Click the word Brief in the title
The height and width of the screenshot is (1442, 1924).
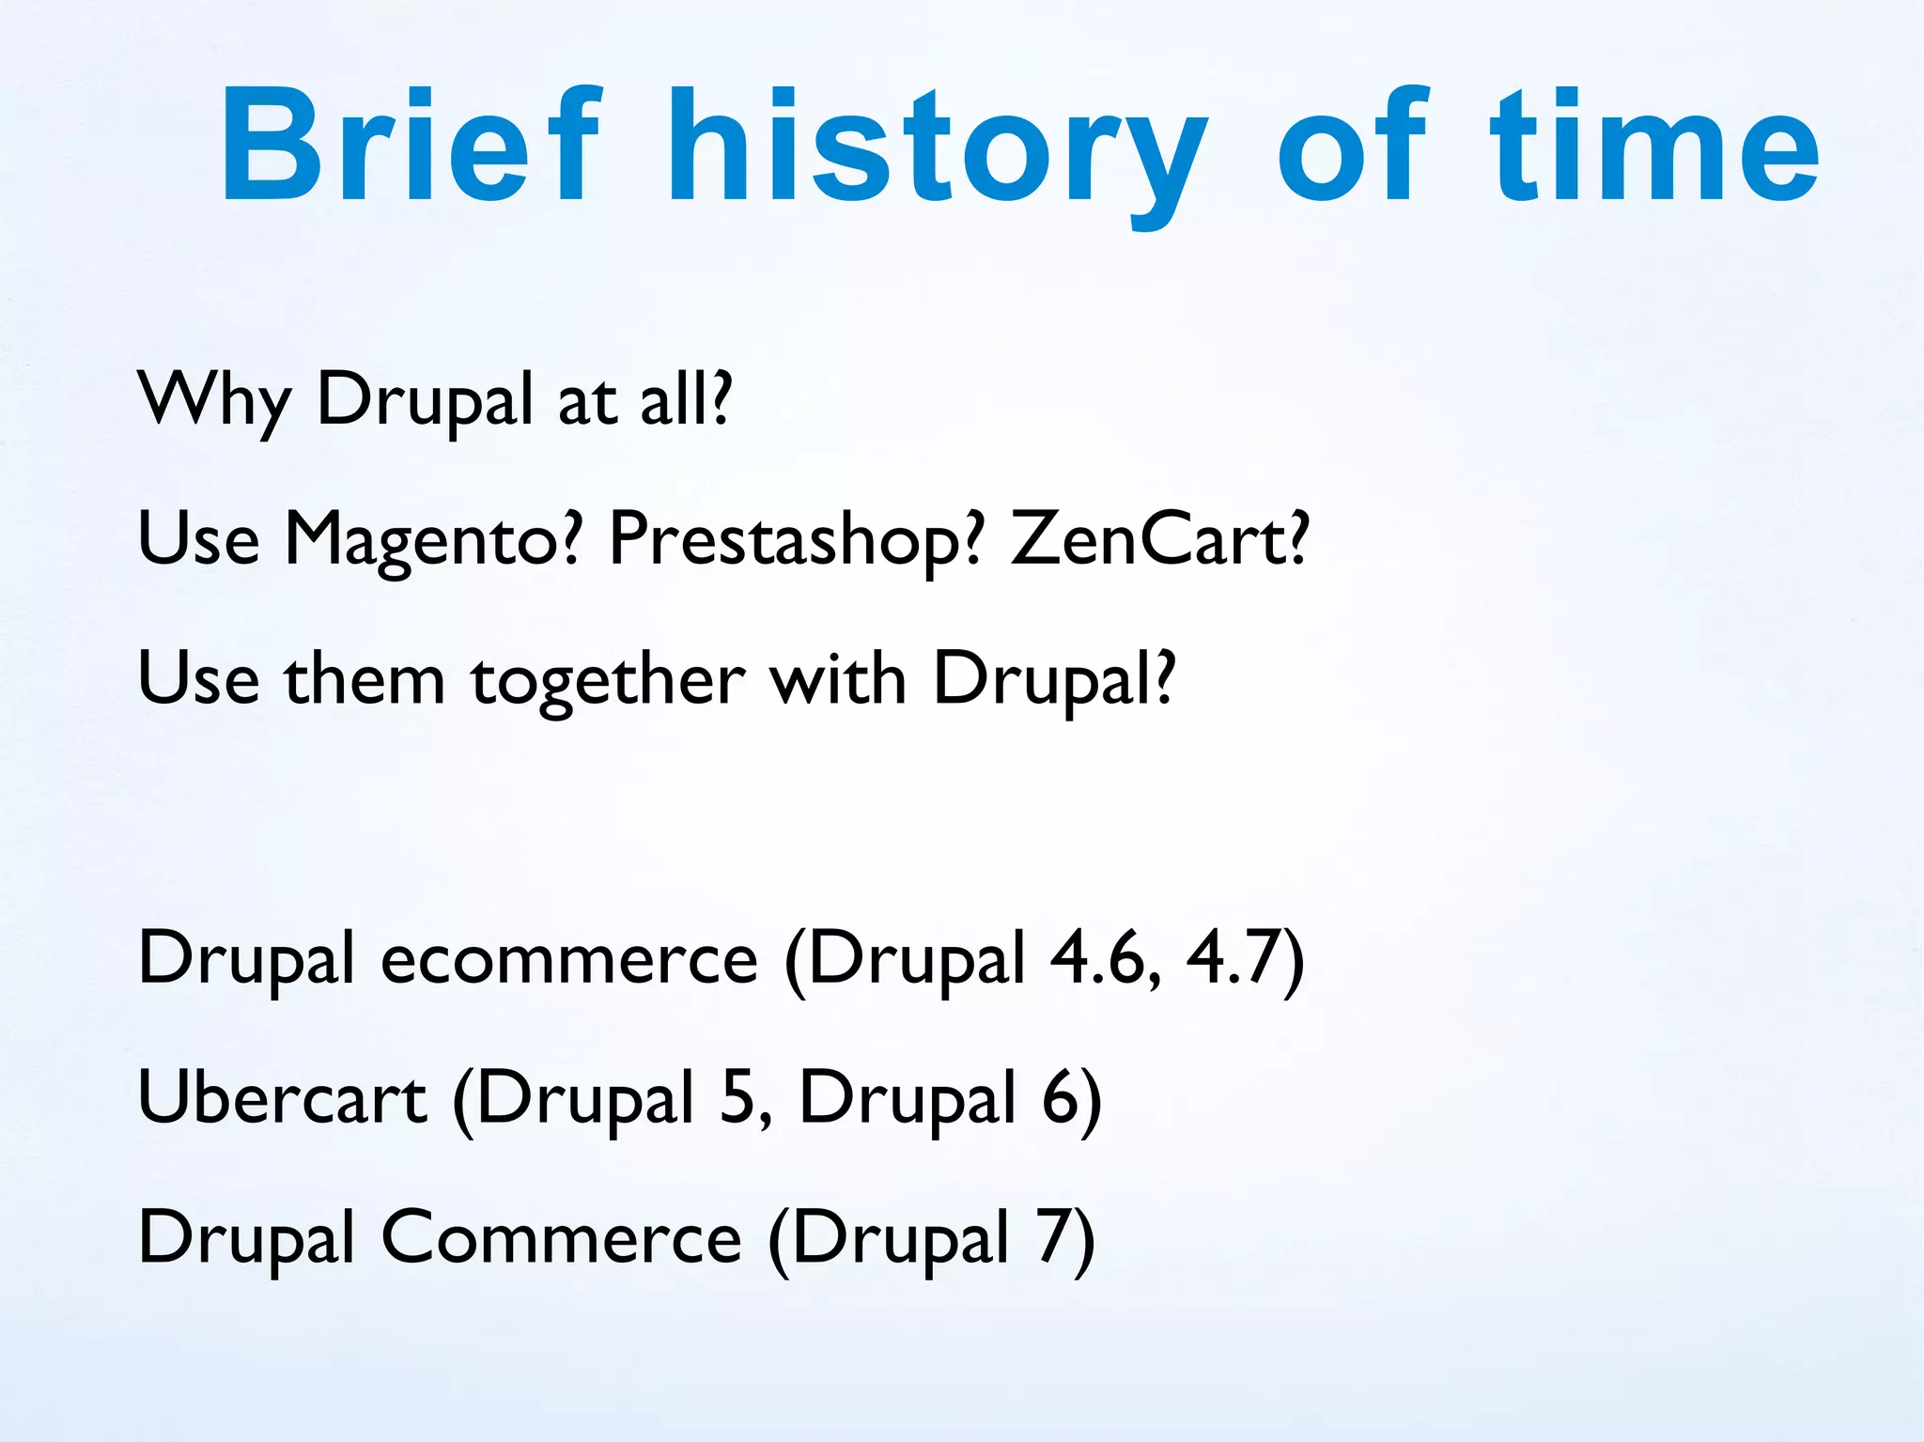point(408,146)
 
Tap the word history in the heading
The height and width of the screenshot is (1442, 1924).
point(936,150)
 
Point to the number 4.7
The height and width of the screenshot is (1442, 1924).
point(1235,958)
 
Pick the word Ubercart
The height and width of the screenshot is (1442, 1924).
point(282,1097)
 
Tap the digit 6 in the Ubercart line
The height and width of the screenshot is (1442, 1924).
point(1062,1097)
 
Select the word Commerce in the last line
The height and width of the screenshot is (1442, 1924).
point(561,1237)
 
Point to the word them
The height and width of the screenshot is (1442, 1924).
point(365,678)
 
